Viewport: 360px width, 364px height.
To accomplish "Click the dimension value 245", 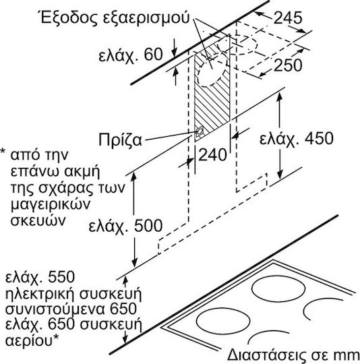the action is click(288, 18).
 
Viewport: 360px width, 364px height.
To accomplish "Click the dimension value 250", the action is click(288, 65).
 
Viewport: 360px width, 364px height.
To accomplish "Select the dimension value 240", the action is click(212, 154).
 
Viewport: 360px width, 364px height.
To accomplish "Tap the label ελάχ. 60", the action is click(130, 55).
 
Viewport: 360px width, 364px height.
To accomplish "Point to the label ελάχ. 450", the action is click(297, 139).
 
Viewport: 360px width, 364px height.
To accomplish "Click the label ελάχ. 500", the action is click(125, 226).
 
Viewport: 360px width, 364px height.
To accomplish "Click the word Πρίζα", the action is click(120, 140).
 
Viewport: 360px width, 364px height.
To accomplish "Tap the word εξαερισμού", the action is click(146, 19).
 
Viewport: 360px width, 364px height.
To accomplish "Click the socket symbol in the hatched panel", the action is click(199, 131).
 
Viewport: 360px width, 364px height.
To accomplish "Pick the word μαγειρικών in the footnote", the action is click(51, 205).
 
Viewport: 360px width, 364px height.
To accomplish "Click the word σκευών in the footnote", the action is click(38, 220).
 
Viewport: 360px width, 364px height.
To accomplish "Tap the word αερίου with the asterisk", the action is click(32, 340).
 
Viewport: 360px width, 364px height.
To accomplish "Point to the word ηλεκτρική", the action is click(40, 294).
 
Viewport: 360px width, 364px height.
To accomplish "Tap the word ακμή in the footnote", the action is click(81, 171).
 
